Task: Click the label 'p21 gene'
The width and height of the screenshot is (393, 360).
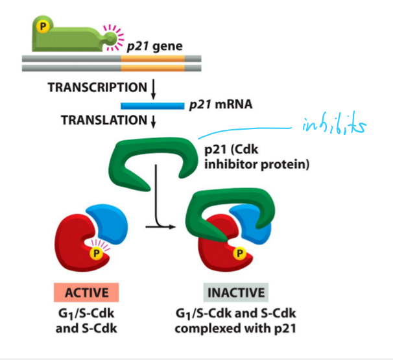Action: [x=154, y=46]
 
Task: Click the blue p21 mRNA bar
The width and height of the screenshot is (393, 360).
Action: [x=153, y=104]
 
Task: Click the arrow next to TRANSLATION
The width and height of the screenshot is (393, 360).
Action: [x=154, y=121]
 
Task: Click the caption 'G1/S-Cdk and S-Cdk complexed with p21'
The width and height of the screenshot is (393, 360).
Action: [x=237, y=322]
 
